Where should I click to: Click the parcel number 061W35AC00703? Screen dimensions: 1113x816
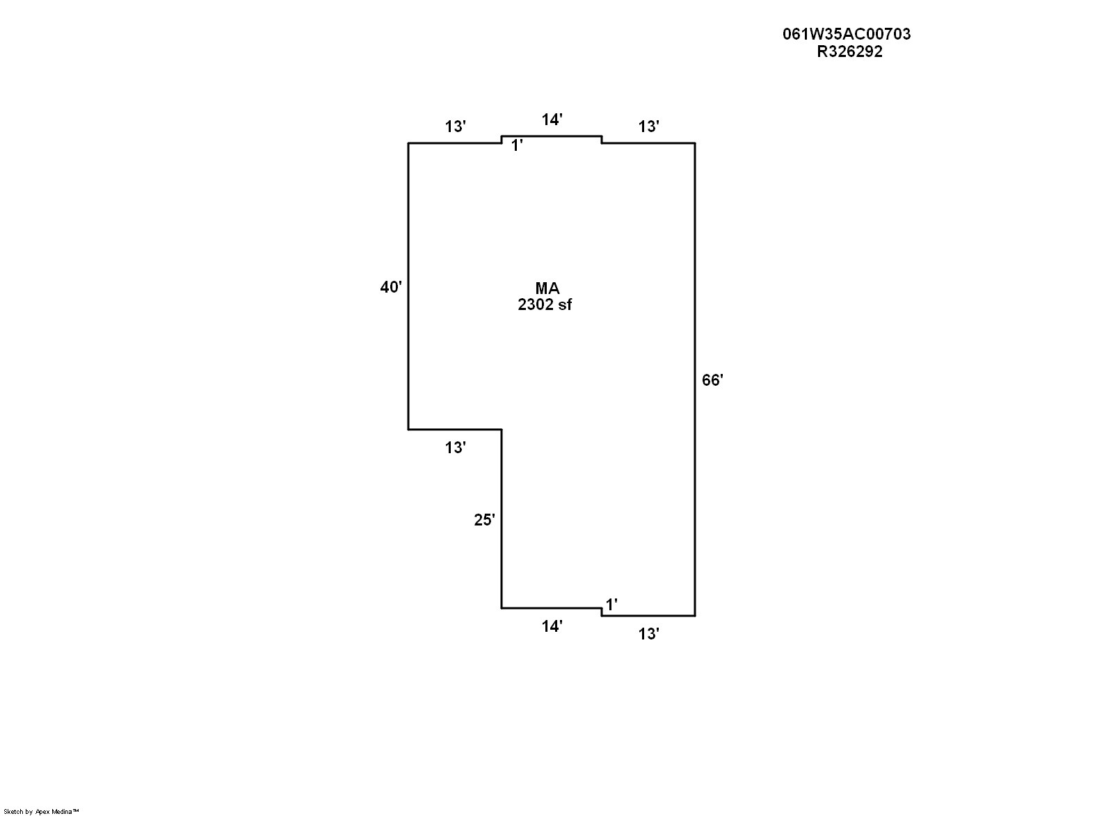point(847,34)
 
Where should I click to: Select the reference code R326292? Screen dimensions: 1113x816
point(849,51)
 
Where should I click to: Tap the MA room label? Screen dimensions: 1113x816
point(547,288)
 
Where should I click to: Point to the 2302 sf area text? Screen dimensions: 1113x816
point(545,304)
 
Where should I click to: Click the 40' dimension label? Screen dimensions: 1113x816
point(390,287)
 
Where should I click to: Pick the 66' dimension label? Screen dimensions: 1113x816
point(712,380)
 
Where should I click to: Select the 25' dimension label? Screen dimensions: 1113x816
point(484,520)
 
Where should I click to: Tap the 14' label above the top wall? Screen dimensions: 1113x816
point(552,120)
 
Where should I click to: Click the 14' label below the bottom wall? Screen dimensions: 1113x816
point(552,626)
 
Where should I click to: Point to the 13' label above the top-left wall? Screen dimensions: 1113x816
point(455,127)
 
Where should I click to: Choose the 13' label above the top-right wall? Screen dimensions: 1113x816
point(648,127)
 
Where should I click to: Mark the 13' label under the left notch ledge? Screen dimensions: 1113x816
point(455,448)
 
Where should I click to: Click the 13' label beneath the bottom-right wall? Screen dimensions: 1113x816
point(648,634)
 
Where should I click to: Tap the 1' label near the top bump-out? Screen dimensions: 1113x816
point(517,145)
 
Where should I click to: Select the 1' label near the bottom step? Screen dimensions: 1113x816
point(611,605)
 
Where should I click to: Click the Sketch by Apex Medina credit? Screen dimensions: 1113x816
point(41,812)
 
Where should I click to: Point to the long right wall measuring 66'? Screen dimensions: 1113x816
point(695,380)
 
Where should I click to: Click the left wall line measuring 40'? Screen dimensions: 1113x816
point(408,286)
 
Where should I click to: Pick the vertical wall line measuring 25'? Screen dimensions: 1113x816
point(502,519)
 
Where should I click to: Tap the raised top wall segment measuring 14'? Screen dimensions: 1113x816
point(552,136)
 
